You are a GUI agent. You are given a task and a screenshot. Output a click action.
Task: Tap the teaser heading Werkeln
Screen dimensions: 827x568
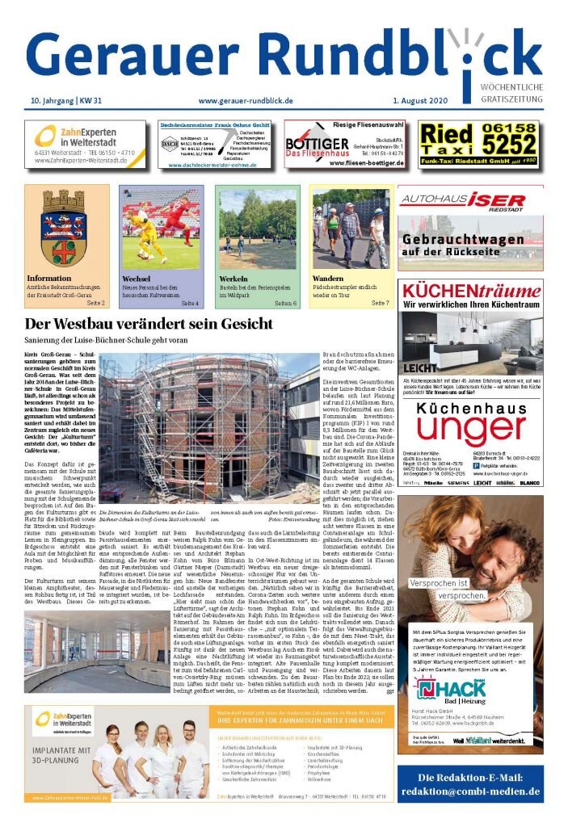point(234,279)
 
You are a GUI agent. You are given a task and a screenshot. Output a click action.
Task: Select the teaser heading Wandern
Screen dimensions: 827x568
point(327,279)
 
